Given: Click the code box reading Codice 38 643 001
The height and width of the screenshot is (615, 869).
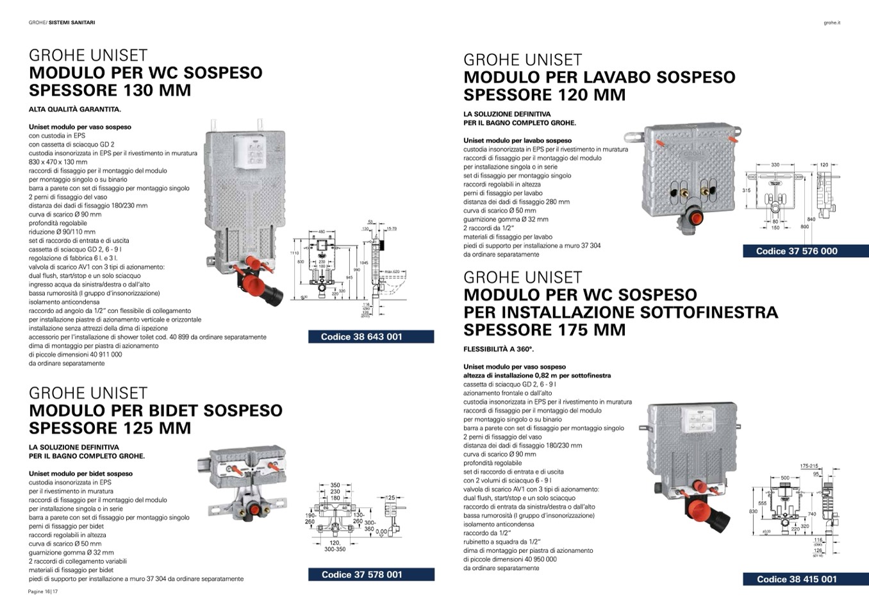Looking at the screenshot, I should (x=370, y=337).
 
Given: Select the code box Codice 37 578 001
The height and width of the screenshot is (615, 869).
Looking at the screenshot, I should (x=370, y=575).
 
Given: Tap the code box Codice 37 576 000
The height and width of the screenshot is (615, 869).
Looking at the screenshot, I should (x=806, y=251).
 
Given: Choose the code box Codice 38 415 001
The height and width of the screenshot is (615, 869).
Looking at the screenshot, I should (x=806, y=579).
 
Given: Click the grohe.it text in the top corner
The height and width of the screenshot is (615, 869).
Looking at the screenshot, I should (x=831, y=23).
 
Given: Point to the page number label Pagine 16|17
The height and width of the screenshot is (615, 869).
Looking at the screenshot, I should (x=43, y=591).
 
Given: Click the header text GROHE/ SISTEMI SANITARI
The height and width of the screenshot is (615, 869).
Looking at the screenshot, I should (x=62, y=22).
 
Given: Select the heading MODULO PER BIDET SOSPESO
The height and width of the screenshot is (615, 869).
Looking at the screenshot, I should (x=156, y=410).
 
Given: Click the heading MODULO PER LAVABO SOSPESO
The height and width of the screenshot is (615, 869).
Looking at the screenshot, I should (x=599, y=78).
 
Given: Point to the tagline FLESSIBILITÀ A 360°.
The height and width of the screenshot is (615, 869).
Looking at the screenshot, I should (x=498, y=350).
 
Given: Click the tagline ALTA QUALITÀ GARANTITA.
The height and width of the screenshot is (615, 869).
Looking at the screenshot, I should (x=75, y=109).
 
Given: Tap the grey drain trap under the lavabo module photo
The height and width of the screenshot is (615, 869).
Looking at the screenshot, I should (x=686, y=217).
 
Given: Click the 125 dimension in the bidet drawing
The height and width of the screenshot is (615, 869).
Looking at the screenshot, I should (x=390, y=498).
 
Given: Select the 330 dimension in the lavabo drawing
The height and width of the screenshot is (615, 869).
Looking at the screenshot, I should (x=775, y=165).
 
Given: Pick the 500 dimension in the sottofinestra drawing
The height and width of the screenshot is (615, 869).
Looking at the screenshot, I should (x=784, y=478).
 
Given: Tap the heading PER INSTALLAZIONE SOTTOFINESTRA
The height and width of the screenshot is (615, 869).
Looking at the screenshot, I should (x=620, y=313).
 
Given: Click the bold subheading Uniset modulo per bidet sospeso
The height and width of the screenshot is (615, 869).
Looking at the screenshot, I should (x=81, y=474).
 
